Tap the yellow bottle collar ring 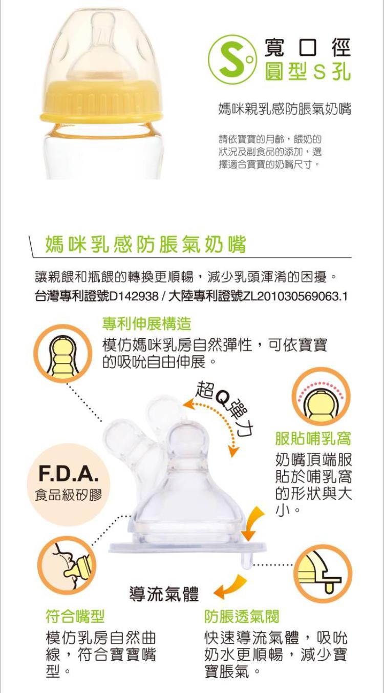coord(101,100)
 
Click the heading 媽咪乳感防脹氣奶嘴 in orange coord(146,245)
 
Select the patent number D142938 coord(134,296)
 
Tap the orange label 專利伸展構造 coord(147,323)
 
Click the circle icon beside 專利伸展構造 coord(62,352)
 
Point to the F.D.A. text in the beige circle coord(69,474)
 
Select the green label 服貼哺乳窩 coord(313,438)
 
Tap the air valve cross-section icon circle coord(323,573)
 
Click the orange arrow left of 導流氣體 coord(229,587)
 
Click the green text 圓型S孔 coord(307,71)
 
